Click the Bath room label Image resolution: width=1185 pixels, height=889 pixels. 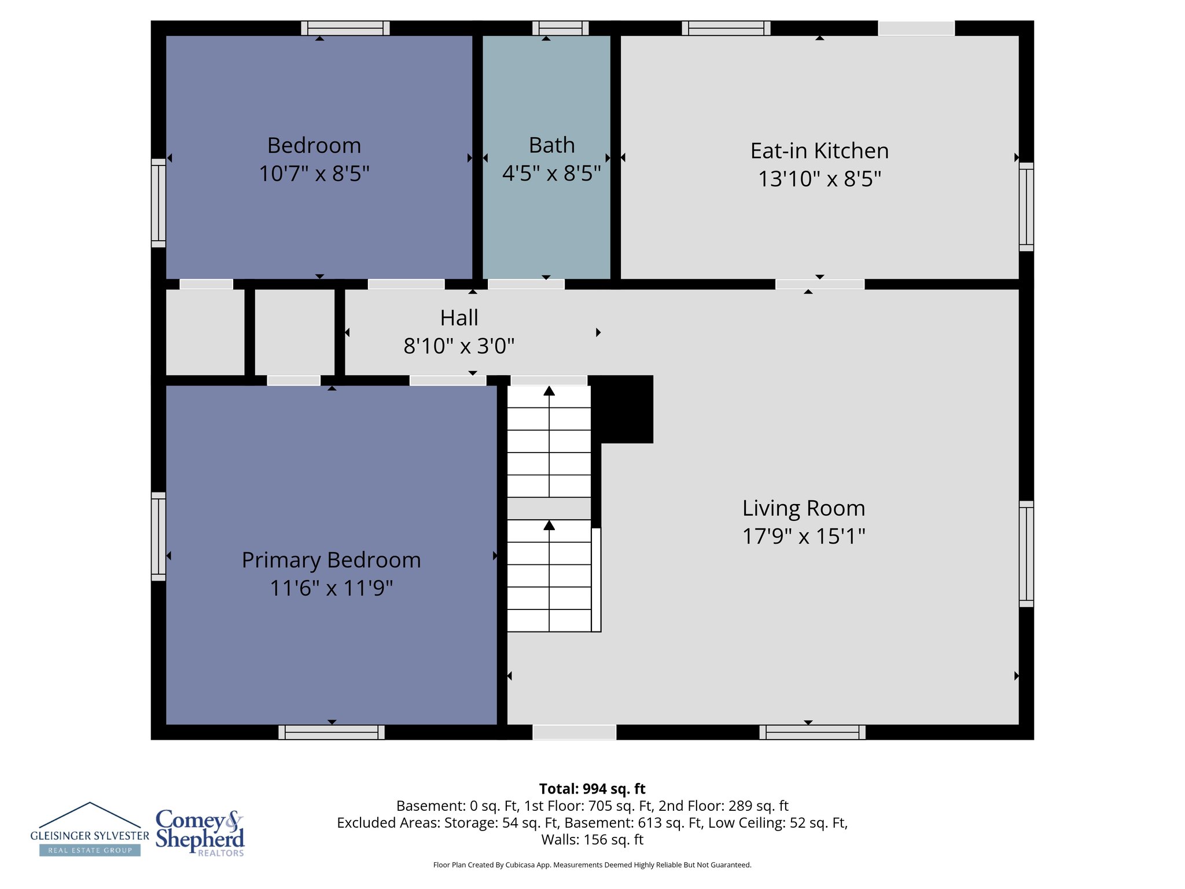coord(551,145)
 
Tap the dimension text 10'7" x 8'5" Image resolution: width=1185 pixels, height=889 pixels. coord(314,173)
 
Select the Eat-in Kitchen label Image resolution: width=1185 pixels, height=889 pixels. coord(819,151)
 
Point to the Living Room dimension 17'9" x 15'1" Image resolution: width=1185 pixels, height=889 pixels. coord(804,536)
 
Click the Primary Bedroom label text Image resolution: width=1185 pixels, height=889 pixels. coord(331,560)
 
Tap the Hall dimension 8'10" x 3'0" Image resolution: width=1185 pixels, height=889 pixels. coord(459,346)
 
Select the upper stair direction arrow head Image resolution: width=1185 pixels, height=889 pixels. coord(549,391)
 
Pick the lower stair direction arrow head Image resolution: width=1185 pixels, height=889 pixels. coord(549,525)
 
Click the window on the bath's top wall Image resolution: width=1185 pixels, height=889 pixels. coord(560,28)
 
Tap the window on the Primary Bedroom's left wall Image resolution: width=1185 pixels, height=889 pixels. coord(159,536)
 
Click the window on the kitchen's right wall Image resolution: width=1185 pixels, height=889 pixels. coord(1026,207)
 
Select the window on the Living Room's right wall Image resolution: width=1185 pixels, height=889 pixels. coord(1026,553)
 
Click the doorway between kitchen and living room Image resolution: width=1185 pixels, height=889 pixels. coord(819,284)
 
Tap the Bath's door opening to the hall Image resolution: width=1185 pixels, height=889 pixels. coord(526,284)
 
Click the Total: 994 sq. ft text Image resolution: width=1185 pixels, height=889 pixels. coord(592,789)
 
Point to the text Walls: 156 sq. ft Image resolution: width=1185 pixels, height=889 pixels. coord(592,839)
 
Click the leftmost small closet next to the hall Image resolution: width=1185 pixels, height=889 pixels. coord(205,332)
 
